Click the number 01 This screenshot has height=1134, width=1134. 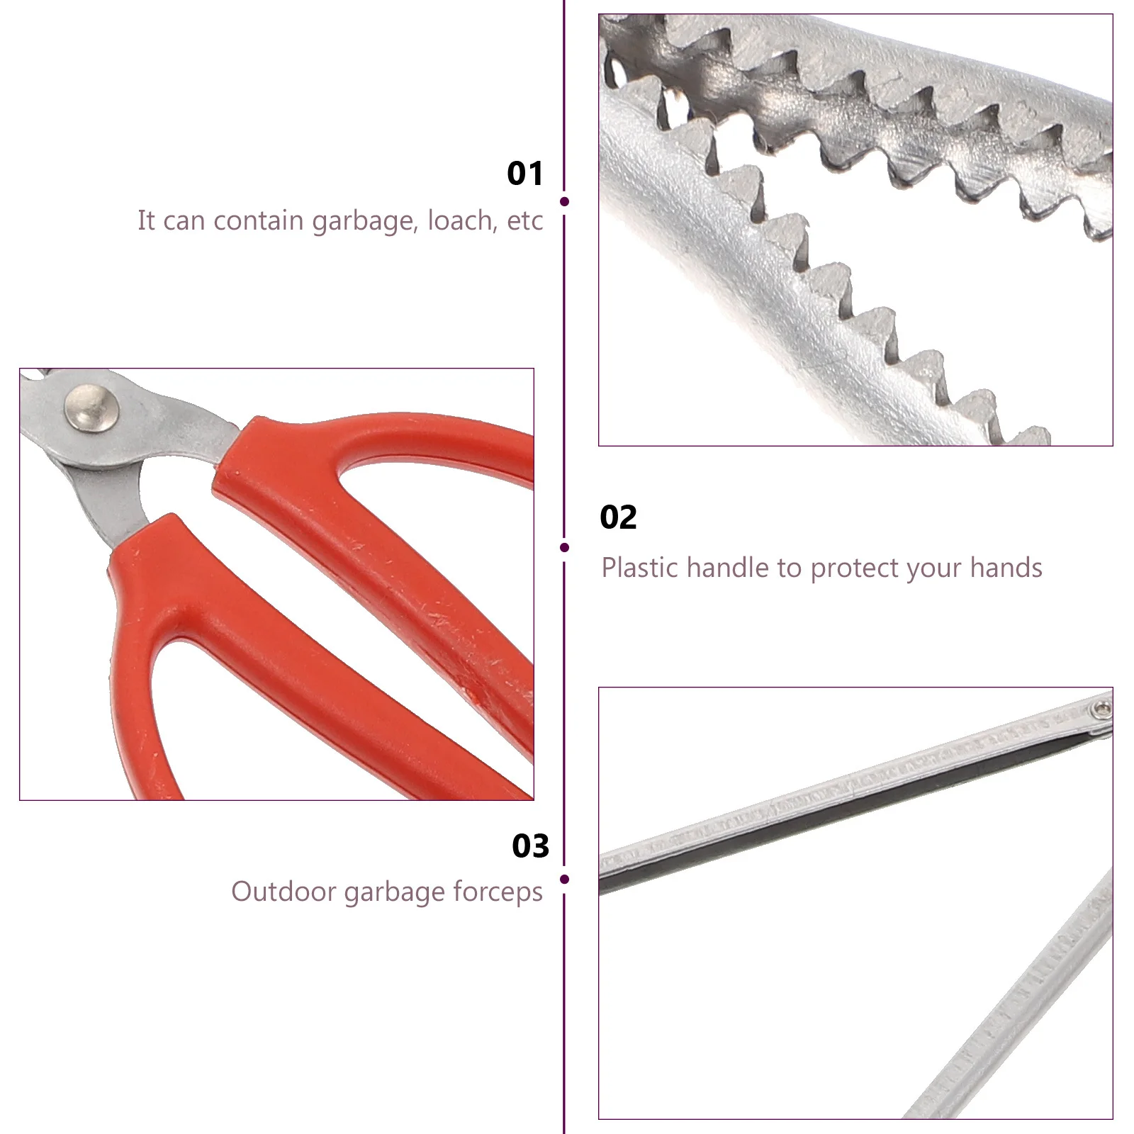524,174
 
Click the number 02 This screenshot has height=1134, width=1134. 618,517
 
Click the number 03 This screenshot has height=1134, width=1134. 530,846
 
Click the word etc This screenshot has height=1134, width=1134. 524,221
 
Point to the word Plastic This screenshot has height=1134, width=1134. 640,568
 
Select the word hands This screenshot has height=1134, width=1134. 1006,568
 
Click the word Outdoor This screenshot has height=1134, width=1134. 283,892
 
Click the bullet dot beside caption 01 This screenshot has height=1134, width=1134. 564,202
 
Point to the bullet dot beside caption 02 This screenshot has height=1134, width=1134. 564,547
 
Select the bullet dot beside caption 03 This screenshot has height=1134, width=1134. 564,880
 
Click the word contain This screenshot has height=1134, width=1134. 259,220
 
